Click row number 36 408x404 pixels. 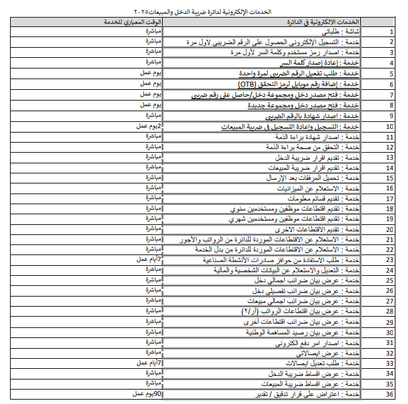pyautogui.click(x=390, y=394)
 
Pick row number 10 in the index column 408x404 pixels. pyautogui.click(x=390, y=126)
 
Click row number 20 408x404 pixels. pyautogui.click(x=390, y=230)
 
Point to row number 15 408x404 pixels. pyautogui.click(x=390, y=178)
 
